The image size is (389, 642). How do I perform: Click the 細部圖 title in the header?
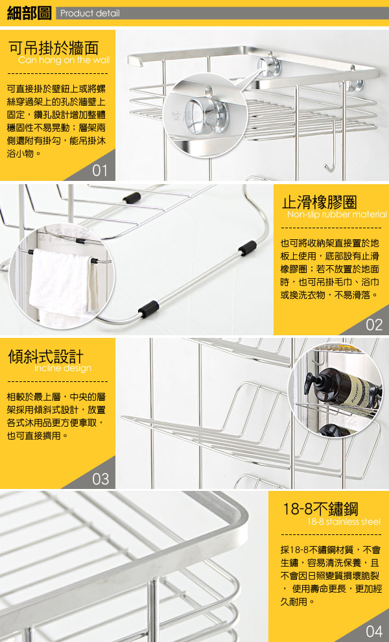point(29,13)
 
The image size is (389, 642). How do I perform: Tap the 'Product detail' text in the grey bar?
point(90,13)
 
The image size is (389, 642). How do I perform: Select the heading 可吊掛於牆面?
point(54,48)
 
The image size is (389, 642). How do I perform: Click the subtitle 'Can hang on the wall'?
point(64,60)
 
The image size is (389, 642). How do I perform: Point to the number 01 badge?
point(100,171)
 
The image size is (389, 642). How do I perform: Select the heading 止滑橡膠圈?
point(320,202)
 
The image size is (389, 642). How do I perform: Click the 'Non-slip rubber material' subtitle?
point(336,215)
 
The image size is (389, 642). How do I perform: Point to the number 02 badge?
point(374,325)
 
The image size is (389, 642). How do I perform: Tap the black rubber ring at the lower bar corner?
point(148,309)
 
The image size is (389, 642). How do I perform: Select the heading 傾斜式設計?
point(45,356)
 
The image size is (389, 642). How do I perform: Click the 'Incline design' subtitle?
point(63,368)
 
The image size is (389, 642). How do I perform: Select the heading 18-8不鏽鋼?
point(320,509)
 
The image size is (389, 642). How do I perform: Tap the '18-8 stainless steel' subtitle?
point(344,521)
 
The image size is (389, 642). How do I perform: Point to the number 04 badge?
point(374,631)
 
